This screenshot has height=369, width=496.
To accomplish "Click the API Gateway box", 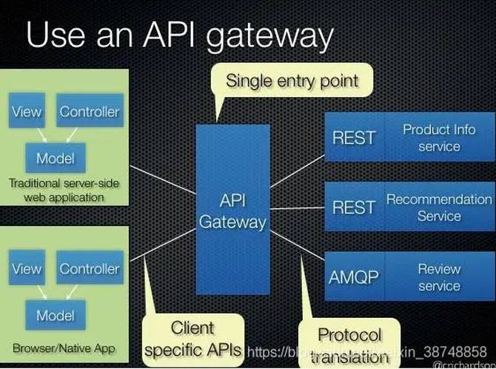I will pos(232,210).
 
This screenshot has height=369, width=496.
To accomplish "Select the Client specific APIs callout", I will pos(192,337).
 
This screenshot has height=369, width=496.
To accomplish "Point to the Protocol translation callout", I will pos(349,344).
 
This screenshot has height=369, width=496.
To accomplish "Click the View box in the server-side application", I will pos(27,112).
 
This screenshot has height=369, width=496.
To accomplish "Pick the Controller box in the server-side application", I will pos(89,112).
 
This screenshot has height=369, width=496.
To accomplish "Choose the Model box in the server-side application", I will pos(56,157).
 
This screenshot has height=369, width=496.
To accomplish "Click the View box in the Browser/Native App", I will pos(27,269).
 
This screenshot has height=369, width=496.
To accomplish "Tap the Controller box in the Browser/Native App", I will pos(89,269).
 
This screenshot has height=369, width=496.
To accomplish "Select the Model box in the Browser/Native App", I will pos(56,315).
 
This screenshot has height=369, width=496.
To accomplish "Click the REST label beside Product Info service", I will pos(354,137).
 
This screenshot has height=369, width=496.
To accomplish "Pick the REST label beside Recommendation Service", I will pos(354,207).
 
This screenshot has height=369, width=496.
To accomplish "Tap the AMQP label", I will pos(354,278).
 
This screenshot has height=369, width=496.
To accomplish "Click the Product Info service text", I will pos(439,137).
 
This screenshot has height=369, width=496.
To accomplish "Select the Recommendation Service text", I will pos(439,207).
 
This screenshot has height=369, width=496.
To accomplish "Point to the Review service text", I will pos(439,278).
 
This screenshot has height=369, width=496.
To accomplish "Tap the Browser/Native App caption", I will pos(64,348).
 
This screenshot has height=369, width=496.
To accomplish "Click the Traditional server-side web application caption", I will pos(64,190).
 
